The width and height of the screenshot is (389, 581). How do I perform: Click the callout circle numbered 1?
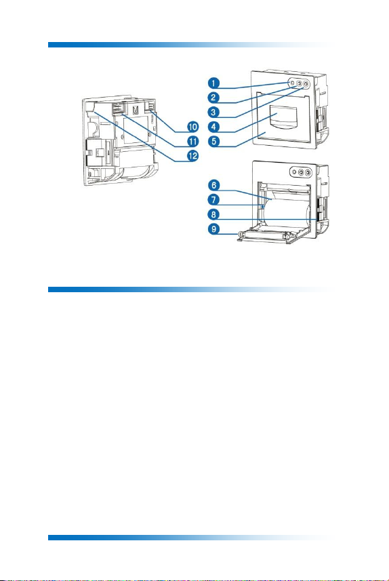click(x=213, y=83)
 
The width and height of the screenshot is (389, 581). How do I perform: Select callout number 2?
click(x=213, y=98)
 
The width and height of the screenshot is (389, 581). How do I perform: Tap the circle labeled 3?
click(x=213, y=112)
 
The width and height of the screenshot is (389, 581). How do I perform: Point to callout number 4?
click(x=213, y=127)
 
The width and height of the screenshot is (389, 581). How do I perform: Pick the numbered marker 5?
click(x=213, y=141)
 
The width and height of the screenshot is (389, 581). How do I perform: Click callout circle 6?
click(x=213, y=185)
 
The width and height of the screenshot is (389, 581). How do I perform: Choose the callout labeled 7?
click(x=213, y=200)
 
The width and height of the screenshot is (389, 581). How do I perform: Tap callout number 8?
click(x=213, y=214)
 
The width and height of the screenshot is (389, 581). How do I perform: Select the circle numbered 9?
click(x=213, y=228)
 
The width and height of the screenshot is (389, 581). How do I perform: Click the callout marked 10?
click(x=192, y=127)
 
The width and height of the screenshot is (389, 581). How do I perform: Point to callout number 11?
click(x=192, y=141)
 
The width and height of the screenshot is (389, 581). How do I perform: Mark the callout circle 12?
click(x=192, y=156)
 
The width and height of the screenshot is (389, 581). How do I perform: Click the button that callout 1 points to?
click(x=292, y=83)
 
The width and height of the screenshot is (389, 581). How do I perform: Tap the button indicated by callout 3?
click(x=306, y=85)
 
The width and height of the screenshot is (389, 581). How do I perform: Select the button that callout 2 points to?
click(x=299, y=84)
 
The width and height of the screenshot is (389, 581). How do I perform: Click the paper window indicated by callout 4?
click(x=284, y=117)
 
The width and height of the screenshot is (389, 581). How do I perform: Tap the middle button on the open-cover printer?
click(x=301, y=172)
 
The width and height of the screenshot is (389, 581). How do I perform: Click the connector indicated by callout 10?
click(x=152, y=108)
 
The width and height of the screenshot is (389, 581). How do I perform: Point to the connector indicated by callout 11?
click(x=117, y=108)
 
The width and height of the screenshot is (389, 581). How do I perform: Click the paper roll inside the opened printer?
click(x=285, y=212)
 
